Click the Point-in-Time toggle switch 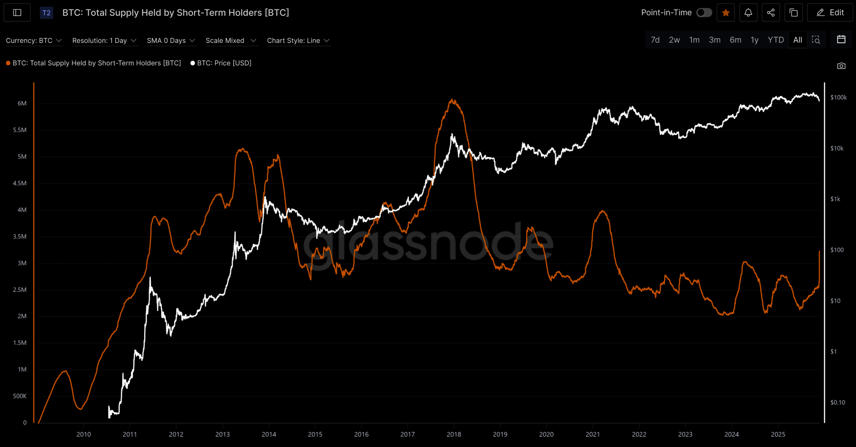[x=704, y=13]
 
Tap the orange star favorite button [x=726, y=13]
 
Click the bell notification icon [x=748, y=13]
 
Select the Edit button [x=830, y=13]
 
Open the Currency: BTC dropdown [x=34, y=40]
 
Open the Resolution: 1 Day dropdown [x=104, y=40]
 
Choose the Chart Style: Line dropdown [x=298, y=40]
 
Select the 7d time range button [x=655, y=40]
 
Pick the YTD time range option [x=776, y=40]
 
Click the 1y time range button [x=754, y=40]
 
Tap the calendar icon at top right [x=841, y=39]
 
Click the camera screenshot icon [x=841, y=66]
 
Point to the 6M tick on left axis [x=22, y=103]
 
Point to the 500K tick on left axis [x=20, y=396]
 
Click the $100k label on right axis [x=838, y=98]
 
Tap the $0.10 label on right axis [x=837, y=403]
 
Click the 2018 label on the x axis [x=454, y=434]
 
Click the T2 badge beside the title [x=46, y=13]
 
